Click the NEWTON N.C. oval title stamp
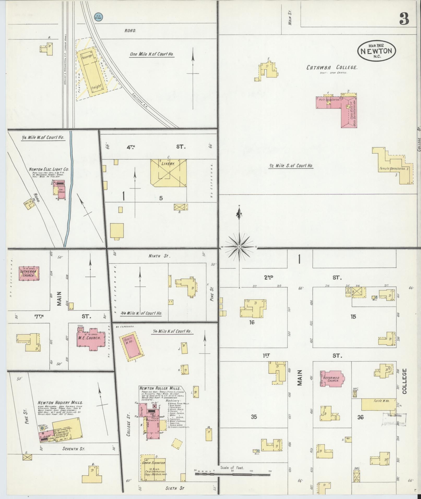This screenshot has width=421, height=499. click(376, 51)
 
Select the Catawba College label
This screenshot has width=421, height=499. click(331, 68)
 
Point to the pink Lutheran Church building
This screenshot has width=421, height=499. click(29, 273)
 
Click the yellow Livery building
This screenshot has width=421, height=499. click(169, 173)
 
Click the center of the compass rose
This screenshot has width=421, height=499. click(239, 247)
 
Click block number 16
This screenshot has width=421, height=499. click(252, 322)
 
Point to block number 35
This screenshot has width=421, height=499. click(254, 417)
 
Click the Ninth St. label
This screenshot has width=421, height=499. click(159, 256)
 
